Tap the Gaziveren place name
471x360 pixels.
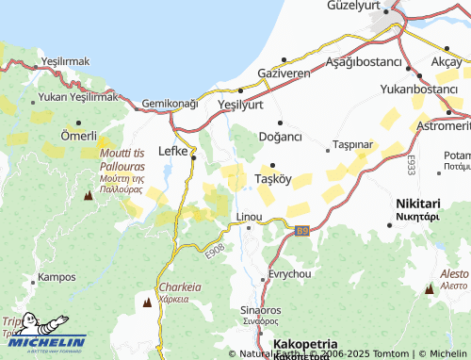284,73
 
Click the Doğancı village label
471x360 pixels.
280,137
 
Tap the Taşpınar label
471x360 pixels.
354,146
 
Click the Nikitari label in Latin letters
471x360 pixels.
418,203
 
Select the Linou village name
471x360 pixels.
249,217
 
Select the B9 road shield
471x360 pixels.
301,231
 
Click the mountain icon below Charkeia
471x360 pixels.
148,303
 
